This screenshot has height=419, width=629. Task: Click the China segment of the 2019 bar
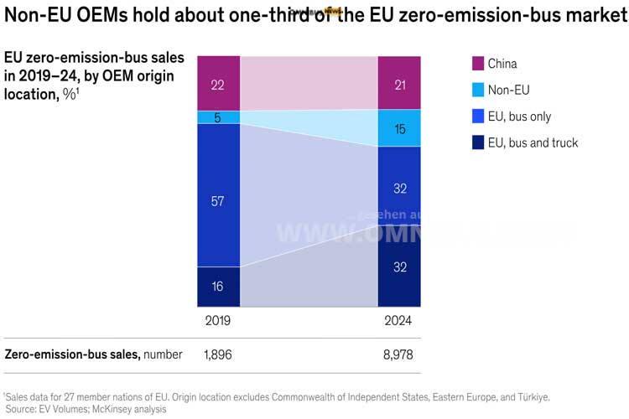click(x=218, y=83)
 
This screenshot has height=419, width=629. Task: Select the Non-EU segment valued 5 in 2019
click(x=218, y=117)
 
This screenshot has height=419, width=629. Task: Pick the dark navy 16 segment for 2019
click(x=218, y=287)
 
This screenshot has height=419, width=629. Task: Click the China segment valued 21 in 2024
click(x=399, y=83)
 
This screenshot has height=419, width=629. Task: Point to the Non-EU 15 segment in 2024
click(x=399, y=128)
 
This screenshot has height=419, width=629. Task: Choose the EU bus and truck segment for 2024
click(x=399, y=266)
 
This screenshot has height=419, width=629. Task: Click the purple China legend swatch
click(x=478, y=64)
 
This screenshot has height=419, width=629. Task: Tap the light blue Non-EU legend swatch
click(x=478, y=90)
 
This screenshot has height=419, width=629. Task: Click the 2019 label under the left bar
click(x=217, y=321)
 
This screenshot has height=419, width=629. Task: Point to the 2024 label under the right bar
click(x=399, y=321)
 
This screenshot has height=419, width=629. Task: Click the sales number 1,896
click(x=217, y=354)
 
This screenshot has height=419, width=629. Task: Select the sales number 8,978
click(x=399, y=354)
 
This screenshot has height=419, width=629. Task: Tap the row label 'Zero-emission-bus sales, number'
click(x=93, y=354)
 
